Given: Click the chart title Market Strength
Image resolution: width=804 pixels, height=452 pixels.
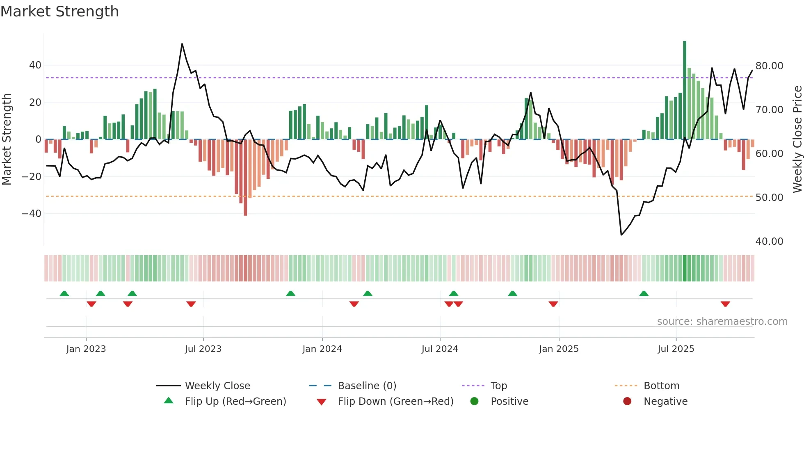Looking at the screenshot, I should [59, 11].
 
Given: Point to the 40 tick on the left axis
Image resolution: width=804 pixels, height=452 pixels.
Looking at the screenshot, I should [35, 65].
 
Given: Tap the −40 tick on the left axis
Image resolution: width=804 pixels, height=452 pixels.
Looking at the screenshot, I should [32, 214].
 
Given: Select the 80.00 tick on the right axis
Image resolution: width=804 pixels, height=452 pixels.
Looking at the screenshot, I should [769, 66].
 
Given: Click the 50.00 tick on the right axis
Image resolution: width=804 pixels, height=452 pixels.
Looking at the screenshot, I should [769, 198].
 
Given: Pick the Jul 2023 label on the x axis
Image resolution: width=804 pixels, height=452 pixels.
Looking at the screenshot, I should [203, 349].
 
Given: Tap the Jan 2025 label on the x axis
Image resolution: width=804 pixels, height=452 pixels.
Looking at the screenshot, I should [559, 349].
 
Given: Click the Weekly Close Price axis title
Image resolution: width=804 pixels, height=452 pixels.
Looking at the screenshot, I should [797, 139].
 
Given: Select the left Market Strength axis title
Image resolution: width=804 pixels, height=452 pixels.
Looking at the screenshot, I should [7, 139].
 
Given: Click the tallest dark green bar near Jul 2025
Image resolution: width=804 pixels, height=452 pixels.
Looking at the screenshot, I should [685, 90].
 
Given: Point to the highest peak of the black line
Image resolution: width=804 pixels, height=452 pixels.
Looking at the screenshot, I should [182, 44].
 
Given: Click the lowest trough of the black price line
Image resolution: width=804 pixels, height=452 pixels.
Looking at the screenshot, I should [621, 235].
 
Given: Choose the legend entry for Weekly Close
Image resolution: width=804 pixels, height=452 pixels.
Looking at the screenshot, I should [217, 386].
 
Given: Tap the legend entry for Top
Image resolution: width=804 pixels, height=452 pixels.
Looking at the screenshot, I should [498, 386].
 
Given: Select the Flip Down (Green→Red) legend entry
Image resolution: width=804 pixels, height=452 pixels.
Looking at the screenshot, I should [395, 402].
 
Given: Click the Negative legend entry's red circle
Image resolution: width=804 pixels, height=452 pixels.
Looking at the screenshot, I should [627, 402].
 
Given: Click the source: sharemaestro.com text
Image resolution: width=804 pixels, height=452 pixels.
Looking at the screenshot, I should [722, 322].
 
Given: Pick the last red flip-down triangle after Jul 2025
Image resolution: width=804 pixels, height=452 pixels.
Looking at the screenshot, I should [725, 304].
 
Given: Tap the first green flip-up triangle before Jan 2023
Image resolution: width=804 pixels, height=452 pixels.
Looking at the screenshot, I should [64, 293].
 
